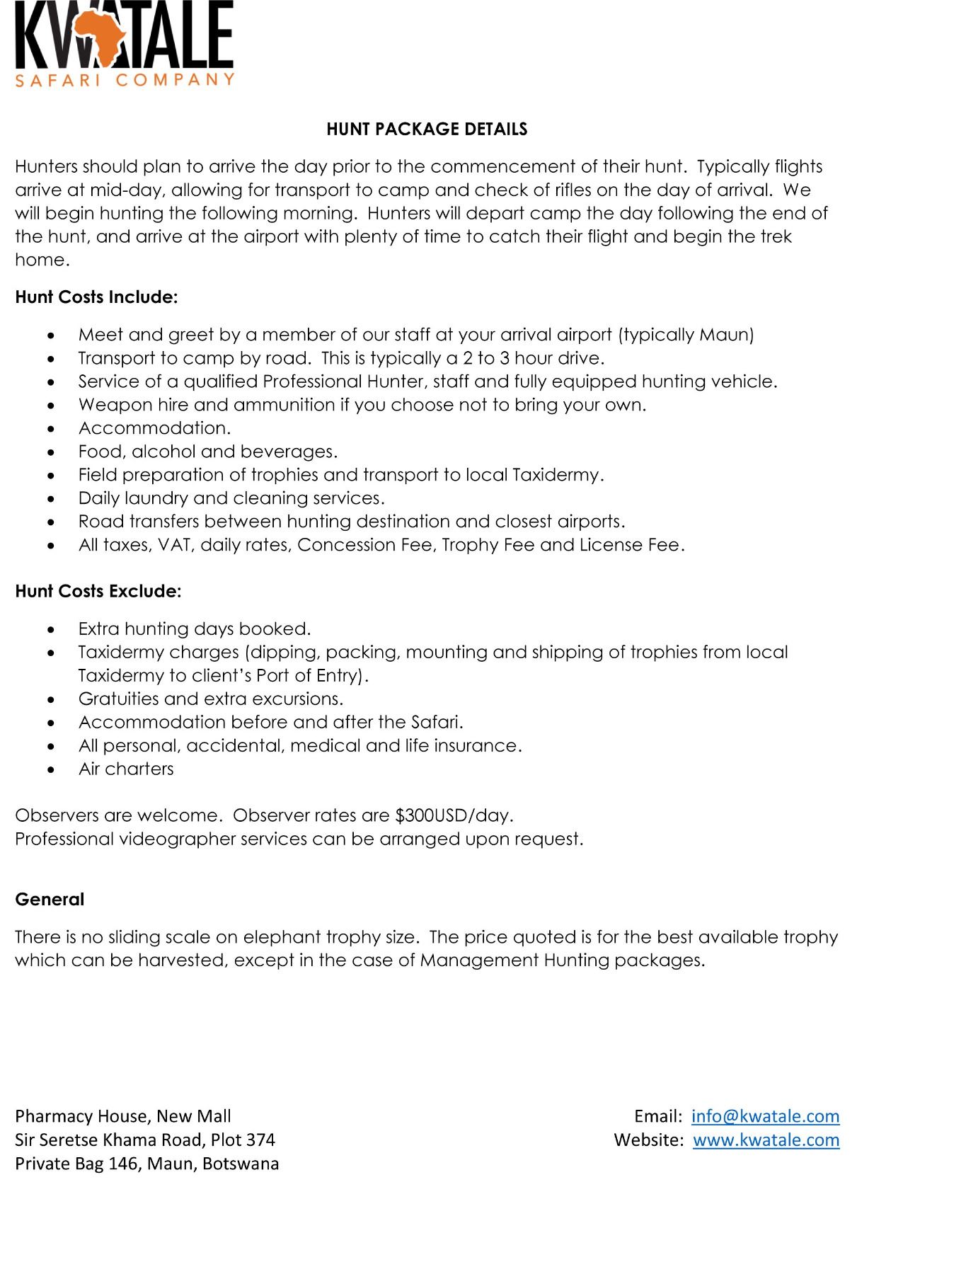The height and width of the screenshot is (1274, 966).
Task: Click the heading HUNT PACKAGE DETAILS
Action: click(x=427, y=129)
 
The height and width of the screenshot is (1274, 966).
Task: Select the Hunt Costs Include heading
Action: click(x=96, y=297)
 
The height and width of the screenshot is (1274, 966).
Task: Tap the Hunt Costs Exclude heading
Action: click(x=98, y=592)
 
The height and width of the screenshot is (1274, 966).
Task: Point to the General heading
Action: click(x=50, y=900)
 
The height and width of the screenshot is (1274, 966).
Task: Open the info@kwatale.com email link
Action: click(x=765, y=1116)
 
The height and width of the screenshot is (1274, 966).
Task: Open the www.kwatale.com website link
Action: click(x=766, y=1140)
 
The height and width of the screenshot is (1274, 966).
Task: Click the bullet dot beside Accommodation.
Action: click(x=50, y=429)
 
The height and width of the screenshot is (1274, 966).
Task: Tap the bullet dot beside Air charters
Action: click(x=50, y=770)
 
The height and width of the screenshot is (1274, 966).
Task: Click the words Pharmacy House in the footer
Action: click(x=81, y=1116)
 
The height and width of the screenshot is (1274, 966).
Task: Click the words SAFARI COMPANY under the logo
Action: click(x=125, y=79)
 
